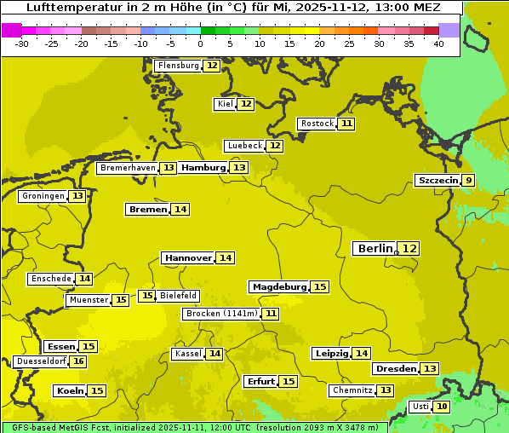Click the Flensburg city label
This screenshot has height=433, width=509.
[178, 66]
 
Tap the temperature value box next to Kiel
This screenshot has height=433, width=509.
[246, 104]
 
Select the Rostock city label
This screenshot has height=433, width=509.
[317, 124]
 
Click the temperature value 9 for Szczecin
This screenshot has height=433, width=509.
[469, 180]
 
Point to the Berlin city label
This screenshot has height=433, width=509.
[375, 248]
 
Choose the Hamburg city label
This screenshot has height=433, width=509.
[203, 168]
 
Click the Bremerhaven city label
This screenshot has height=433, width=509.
[128, 168]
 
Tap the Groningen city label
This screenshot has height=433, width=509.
[43, 196]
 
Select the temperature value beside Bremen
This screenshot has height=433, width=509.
[180, 209]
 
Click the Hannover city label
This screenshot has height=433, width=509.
[187, 257]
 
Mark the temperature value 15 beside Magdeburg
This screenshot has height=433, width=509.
[320, 286]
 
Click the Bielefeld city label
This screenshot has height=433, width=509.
[179, 296]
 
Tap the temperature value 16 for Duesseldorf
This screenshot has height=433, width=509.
[78, 361]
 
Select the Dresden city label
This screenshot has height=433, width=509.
[396, 368]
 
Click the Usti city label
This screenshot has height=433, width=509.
[420, 407]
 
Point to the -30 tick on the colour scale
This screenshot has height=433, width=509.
[22, 43]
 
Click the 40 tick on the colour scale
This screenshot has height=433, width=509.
[438, 43]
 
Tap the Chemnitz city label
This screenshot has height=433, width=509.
[352, 390]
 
